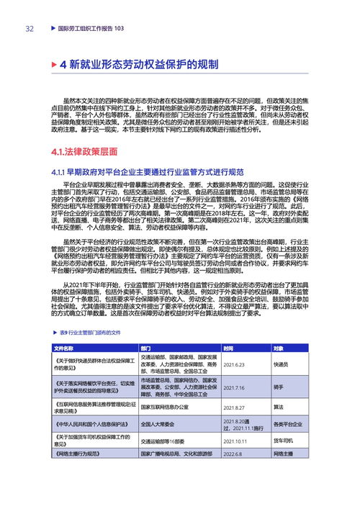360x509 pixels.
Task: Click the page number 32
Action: coord(30,29)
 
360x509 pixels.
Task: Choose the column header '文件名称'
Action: coord(64,348)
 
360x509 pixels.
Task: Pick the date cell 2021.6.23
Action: coord(234,364)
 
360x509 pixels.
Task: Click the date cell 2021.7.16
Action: coord(234,387)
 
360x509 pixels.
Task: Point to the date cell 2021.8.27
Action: coord(234,407)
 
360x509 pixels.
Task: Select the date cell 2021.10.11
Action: coord(235,440)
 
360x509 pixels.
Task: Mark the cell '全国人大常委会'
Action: coord(161,425)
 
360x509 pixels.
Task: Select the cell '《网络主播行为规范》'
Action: coord(78,454)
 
